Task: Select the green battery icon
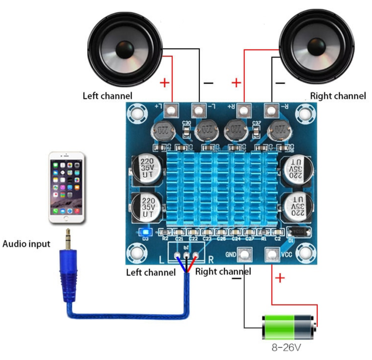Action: point(289,327)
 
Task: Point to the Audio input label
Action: point(26,244)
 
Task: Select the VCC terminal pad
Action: point(271,255)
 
